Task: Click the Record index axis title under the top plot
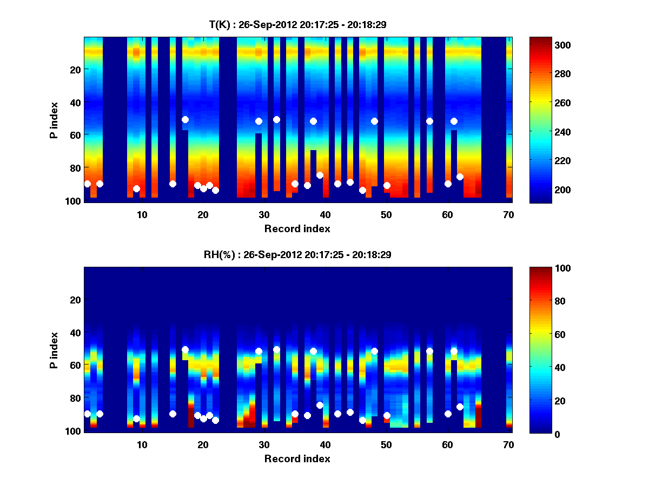(x=297, y=228)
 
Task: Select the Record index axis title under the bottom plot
(x=297, y=458)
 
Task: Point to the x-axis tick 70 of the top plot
(x=508, y=214)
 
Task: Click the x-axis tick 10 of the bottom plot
(x=142, y=444)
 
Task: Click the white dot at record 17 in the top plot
(x=185, y=119)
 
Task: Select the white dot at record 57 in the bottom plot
(x=429, y=351)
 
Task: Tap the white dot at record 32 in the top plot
(x=276, y=119)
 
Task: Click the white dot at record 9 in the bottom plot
(x=136, y=418)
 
